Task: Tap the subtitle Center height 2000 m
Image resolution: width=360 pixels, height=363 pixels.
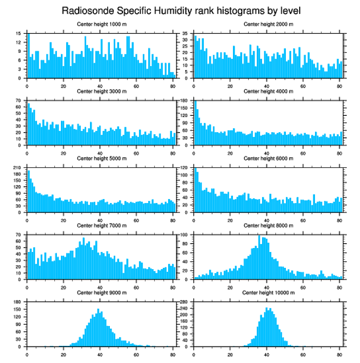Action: pyautogui.click(x=268, y=24)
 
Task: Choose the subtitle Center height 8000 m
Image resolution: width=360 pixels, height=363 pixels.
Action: pyautogui.click(x=268, y=226)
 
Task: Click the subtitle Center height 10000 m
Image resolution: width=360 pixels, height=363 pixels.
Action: pyautogui.click(x=268, y=293)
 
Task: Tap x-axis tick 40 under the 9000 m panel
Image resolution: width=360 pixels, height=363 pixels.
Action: pyautogui.click(x=100, y=353)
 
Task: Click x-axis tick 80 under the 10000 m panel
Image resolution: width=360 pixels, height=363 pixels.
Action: pyautogui.click(x=339, y=353)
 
